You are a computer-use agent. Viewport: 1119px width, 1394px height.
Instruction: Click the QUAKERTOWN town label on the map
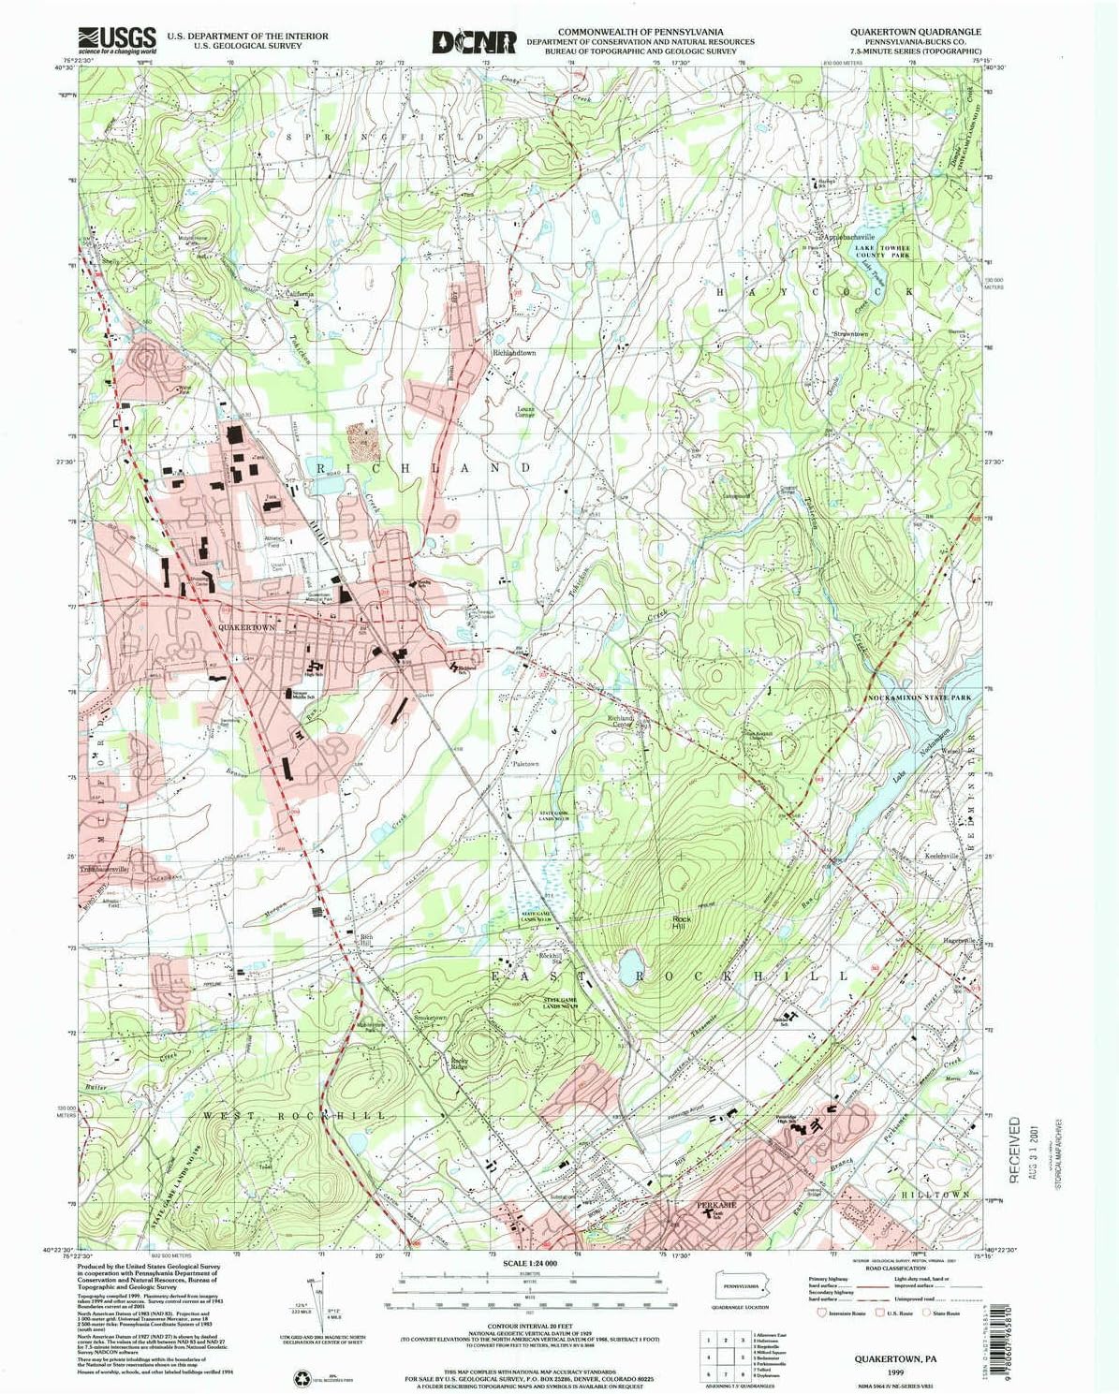tap(246, 627)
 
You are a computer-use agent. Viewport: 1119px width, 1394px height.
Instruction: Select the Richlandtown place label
tap(514, 353)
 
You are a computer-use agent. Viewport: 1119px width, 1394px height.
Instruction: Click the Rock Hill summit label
tap(682, 923)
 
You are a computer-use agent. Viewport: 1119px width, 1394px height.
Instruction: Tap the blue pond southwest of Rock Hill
tap(630, 961)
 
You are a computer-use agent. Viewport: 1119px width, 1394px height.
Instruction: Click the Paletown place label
tap(525, 764)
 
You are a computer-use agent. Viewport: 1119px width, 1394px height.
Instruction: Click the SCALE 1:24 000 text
tap(529, 1263)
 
